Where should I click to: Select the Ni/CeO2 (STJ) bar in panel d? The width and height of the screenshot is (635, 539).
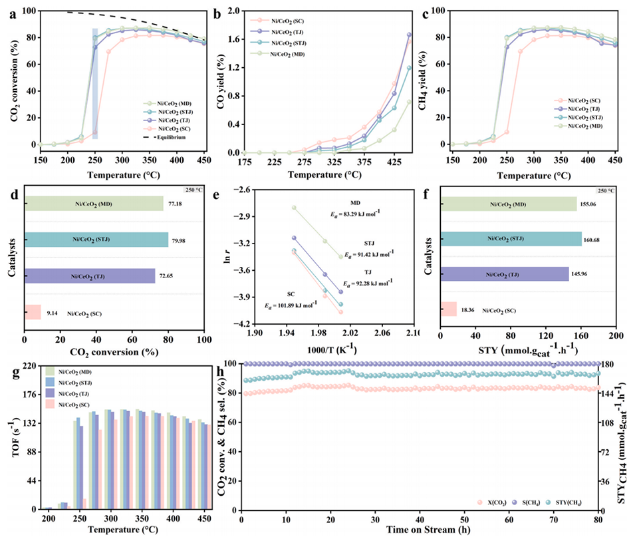click(x=96, y=240)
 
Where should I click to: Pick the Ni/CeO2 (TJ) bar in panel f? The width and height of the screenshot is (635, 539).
click(x=503, y=274)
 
